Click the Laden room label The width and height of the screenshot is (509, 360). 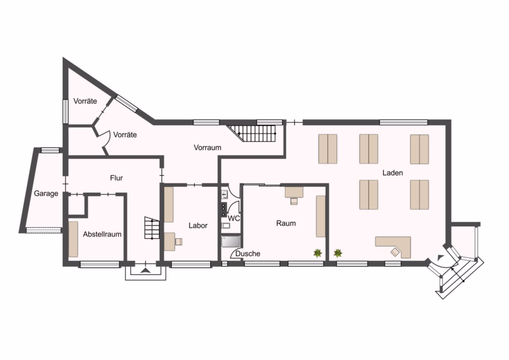tap(392, 173)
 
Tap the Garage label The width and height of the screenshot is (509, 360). tap(46, 194)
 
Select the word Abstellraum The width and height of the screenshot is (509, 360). tap(102, 234)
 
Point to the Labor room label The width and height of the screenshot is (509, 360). tap(198, 225)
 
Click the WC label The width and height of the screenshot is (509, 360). tap(234, 218)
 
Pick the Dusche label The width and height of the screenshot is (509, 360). tap(248, 254)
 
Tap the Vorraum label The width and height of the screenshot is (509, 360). tap(208, 148)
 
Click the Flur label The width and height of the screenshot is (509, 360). tap(116, 178)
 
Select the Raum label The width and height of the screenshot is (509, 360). tap(286, 223)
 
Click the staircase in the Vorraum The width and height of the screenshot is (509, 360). tap(252, 134)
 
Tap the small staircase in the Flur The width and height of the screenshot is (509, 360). tap(152, 228)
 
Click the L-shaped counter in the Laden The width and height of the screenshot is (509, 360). tap(393, 247)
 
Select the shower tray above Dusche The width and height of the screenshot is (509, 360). tap(231, 242)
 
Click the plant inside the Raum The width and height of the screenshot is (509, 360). tap(317, 253)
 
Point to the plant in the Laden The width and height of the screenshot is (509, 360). tap(338, 252)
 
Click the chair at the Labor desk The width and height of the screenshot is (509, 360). tap(179, 241)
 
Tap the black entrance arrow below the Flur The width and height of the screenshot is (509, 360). tap(146, 271)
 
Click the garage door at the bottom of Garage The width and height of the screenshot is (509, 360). tap(44, 230)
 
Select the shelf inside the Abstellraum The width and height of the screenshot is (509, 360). tap(74, 239)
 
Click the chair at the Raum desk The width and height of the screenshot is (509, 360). tap(294, 202)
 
